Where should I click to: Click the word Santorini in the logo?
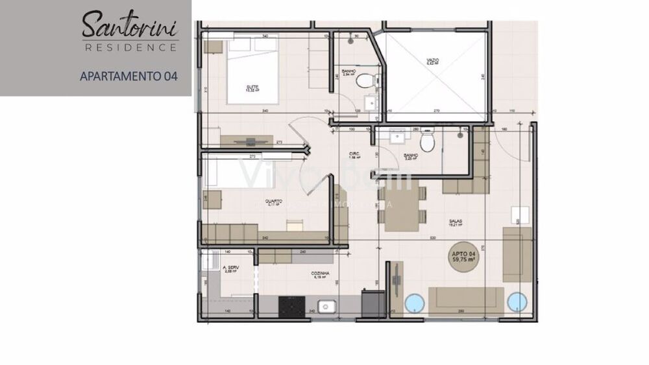[x=129, y=25]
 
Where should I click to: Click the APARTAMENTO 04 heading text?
[x=129, y=76]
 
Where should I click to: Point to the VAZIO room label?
[x=433, y=60]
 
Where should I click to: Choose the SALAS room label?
[x=455, y=221]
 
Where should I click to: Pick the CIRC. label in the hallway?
[x=354, y=154]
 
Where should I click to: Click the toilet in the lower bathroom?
[x=427, y=142]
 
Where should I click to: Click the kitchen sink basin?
[x=325, y=305]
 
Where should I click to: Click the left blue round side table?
[x=413, y=303]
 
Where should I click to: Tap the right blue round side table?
[x=517, y=303]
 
